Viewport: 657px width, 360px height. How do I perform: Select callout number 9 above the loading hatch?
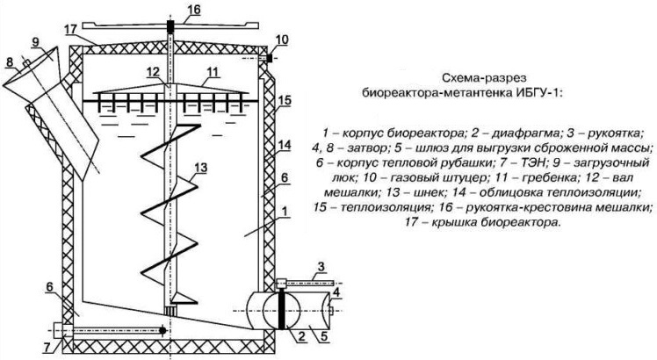tap(34, 42)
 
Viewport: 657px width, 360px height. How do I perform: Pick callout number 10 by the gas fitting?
tap(280, 40)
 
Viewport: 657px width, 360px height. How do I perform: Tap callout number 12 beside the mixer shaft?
tap(154, 71)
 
